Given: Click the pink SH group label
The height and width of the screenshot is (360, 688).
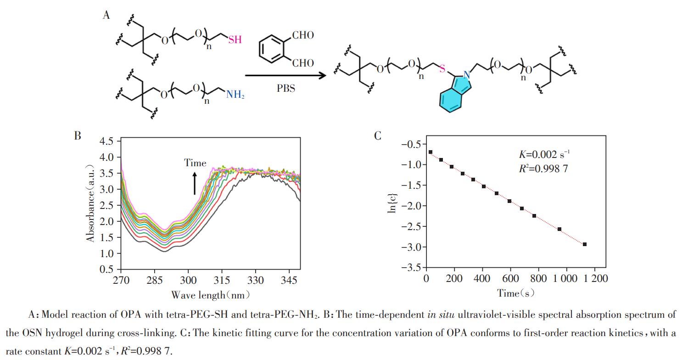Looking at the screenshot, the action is coord(235,39).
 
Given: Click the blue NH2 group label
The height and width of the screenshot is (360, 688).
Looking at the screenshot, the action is coord(235,94).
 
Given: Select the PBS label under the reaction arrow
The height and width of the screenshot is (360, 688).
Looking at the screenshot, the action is coord(285,89).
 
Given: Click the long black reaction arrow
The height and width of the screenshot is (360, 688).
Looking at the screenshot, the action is coord(285,75).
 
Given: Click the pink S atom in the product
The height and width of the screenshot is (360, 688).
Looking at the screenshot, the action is coord(442,68).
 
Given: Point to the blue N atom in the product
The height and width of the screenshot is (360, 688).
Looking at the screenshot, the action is coord(467,75).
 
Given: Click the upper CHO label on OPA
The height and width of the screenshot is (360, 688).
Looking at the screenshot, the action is coord(303,35).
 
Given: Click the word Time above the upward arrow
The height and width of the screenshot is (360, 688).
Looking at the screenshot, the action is coord(195,163).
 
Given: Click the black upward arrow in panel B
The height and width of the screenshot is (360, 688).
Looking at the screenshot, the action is coord(195,183).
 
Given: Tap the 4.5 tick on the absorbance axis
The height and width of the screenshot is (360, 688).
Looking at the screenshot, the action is coord(106,141).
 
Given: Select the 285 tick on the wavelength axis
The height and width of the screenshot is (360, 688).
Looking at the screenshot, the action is coord(155,280).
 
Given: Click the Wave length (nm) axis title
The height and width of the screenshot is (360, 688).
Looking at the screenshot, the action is coord(210,295).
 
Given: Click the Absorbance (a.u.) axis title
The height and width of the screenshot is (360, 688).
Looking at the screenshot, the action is coord(90,203).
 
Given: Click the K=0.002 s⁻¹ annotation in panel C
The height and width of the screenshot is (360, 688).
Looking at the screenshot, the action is coord(544,154).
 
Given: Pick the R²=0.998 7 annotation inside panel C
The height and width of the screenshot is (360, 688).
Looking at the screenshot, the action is coord(543,169).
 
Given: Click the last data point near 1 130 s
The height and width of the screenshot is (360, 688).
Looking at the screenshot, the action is coord(584,244).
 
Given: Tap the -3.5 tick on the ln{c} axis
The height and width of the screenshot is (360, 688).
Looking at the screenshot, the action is coord(412,268).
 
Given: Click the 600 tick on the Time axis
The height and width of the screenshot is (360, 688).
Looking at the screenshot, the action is coord(510,278).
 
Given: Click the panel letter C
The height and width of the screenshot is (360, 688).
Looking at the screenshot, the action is coord(377,136).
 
